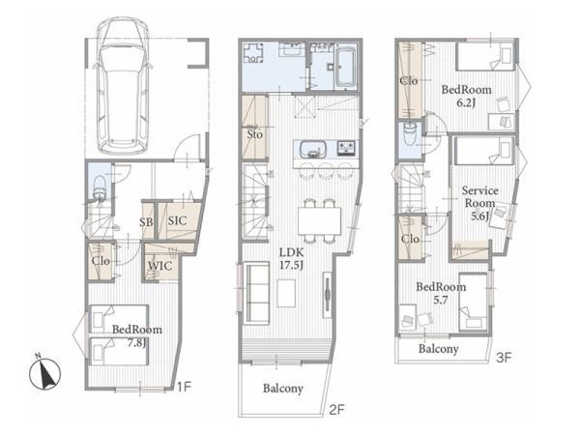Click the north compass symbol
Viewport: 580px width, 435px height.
point(44,372)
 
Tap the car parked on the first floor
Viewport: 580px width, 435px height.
point(123,86)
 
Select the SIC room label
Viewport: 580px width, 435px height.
point(177,220)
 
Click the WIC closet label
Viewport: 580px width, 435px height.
point(159,266)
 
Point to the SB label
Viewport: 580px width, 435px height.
point(146,222)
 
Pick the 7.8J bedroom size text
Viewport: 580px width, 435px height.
point(136,342)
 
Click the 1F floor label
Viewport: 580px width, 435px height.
point(184,387)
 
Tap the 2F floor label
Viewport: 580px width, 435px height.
point(336,410)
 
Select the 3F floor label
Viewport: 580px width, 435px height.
point(504,358)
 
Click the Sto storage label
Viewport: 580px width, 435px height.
point(254,134)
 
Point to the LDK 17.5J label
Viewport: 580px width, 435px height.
point(292,259)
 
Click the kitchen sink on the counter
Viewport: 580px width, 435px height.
point(313,150)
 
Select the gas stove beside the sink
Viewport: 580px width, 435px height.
point(346,148)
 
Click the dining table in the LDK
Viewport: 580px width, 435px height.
point(320,220)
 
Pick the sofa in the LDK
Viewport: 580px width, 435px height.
point(256,293)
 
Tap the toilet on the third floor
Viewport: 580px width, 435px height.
point(410,134)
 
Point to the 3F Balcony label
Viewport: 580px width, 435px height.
point(438,348)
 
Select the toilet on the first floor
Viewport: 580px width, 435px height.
point(100,188)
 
